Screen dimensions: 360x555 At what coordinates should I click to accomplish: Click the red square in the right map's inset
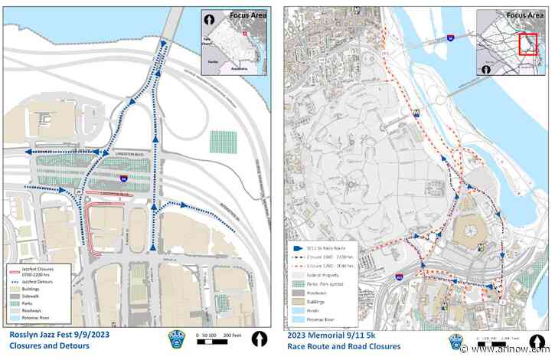[x=528, y=44]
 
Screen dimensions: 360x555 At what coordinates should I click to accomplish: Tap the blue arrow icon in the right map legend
[x=298, y=247]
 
